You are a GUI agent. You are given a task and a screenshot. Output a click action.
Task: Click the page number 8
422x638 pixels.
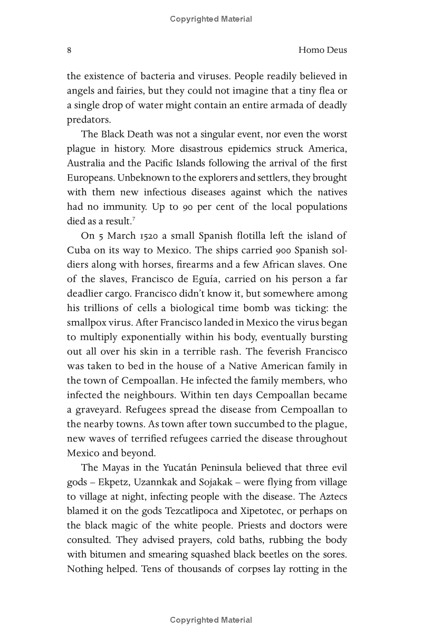(x=69, y=50)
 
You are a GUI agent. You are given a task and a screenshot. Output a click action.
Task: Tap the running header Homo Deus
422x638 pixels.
(x=322, y=50)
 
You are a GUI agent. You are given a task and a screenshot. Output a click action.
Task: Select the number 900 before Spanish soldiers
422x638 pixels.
(x=271, y=250)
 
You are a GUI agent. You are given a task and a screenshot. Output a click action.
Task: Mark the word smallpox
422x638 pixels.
(x=88, y=322)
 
